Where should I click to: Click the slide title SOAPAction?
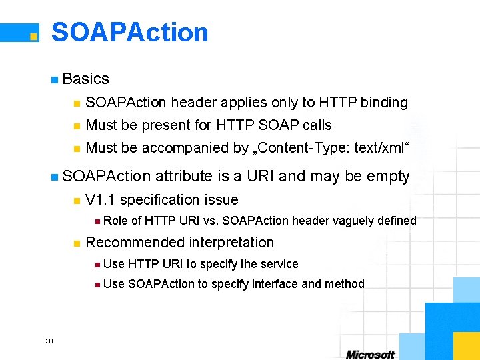point(130,32)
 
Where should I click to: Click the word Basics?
point(85,79)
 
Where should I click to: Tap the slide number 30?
point(49,341)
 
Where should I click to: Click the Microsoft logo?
point(370,354)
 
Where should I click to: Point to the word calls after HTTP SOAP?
point(317,125)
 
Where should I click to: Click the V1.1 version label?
point(101,200)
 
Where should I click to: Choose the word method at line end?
point(344,284)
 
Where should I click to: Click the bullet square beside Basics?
point(54,79)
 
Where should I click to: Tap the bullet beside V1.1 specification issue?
point(77,201)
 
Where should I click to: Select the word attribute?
point(185,177)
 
